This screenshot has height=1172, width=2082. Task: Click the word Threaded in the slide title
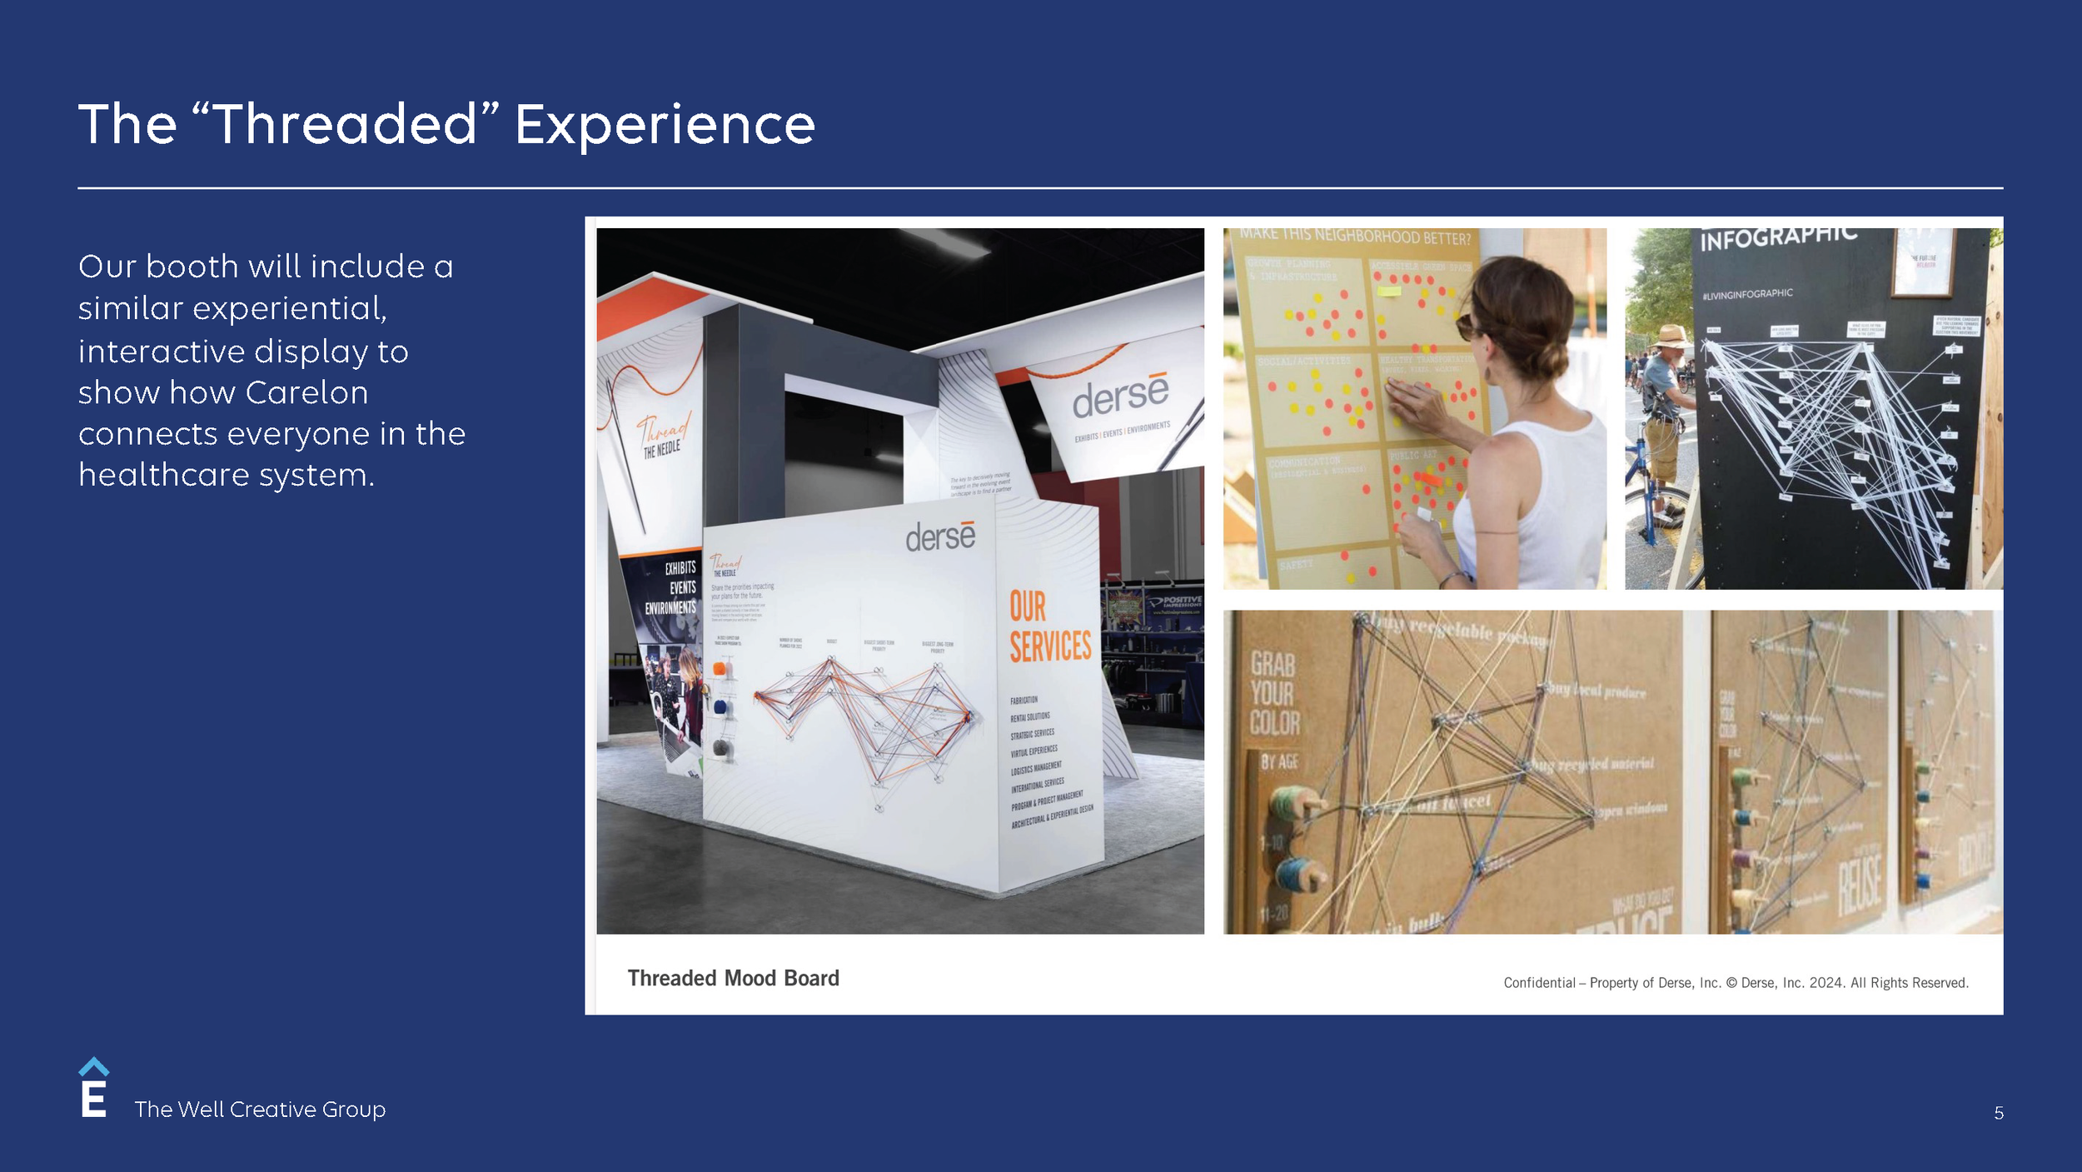(x=346, y=125)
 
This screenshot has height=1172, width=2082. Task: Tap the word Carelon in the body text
(x=306, y=392)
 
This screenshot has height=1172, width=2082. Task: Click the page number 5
(x=1998, y=1113)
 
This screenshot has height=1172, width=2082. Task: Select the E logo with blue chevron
(x=93, y=1088)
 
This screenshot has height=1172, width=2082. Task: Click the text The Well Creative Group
(x=260, y=1110)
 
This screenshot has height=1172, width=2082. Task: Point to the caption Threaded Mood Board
(x=733, y=978)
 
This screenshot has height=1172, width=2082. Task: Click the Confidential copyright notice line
(x=1736, y=983)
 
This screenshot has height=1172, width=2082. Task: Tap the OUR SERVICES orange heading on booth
(x=1048, y=626)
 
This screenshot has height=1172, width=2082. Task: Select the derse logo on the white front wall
(x=939, y=536)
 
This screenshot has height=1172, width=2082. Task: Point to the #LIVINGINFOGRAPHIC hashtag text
(x=1747, y=294)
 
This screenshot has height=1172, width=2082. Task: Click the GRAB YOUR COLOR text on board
(x=1272, y=693)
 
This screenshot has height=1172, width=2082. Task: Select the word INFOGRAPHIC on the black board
(x=1778, y=238)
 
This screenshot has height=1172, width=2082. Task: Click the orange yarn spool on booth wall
(x=720, y=669)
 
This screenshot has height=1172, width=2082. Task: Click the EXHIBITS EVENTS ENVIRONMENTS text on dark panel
(x=670, y=587)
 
